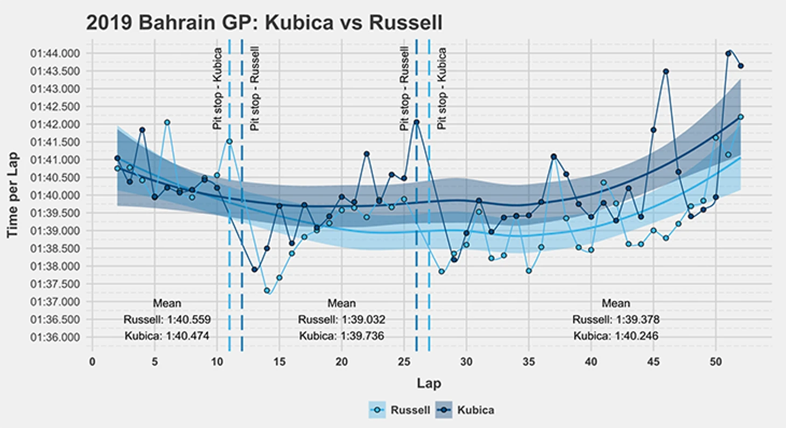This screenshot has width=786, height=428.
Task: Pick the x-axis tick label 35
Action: tap(529, 361)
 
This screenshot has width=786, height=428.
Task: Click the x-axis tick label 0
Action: tap(93, 361)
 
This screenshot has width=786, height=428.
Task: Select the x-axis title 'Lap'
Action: tap(429, 383)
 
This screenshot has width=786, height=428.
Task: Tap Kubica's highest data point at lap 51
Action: tap(728, 53)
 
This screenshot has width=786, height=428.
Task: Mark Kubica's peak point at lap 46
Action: tap(666, 71)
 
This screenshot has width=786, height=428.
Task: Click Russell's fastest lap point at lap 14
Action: tap(266, 291)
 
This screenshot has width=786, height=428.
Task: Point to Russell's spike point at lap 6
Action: tap(167, 122)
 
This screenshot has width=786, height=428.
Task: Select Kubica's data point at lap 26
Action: tap(416, 122)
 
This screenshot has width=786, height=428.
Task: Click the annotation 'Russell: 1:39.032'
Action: tap(341, 320)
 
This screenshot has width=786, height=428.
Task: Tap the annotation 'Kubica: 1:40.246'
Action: tap(616, 336)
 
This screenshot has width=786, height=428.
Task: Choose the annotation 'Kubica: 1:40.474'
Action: tap(167, 336)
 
